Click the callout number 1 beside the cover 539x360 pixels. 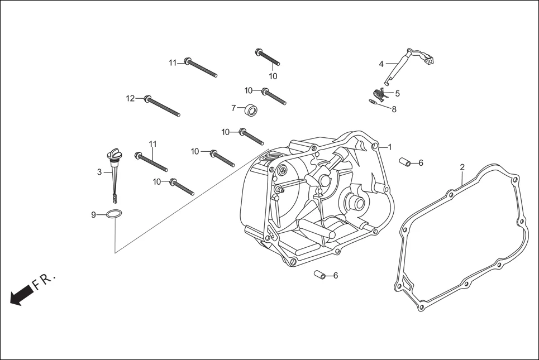pos(390,147)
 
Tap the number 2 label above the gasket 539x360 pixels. pos(462,167)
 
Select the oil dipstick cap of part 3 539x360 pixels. pos(114,154)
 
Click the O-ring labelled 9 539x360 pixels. pos(115,214)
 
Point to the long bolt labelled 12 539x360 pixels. pos(162,106)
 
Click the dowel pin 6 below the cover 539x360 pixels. pos(319,275)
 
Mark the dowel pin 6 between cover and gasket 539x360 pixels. pos(405,162)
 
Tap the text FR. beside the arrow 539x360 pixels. pos(45,281)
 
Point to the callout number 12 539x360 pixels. pos(130,99)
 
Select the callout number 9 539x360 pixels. pos(94,214)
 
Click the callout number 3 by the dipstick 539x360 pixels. pos(99,172)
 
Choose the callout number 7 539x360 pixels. pos(233,108)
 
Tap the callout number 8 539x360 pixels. pos(394,109)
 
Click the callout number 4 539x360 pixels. pos(381,64)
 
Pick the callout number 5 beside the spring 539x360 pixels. pos(397,93)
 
